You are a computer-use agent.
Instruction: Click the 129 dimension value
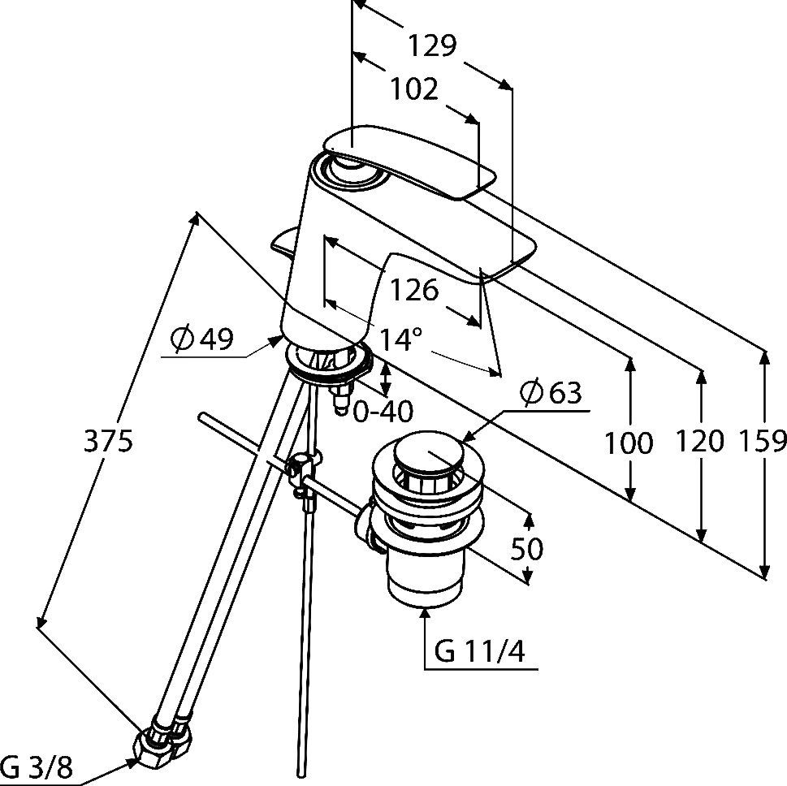point(431,45)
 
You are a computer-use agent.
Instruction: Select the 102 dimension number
point(414,90)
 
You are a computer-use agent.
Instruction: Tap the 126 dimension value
point(414,290)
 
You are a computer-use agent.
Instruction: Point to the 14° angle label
point(400,339)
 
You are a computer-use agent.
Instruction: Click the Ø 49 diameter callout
point(201,339)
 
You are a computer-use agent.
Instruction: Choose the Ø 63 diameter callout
point(551,392)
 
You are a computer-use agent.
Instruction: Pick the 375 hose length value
point(108,442)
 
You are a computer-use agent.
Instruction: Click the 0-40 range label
point(383,412)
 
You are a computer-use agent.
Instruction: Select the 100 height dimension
point(629,443)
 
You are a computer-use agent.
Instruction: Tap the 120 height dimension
point(699,441)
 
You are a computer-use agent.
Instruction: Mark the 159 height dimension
point(763,441)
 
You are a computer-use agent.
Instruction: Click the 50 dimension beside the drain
point(527,548)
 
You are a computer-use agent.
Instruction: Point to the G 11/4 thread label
point(479,652)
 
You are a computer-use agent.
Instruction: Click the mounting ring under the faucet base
point(328,363)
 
